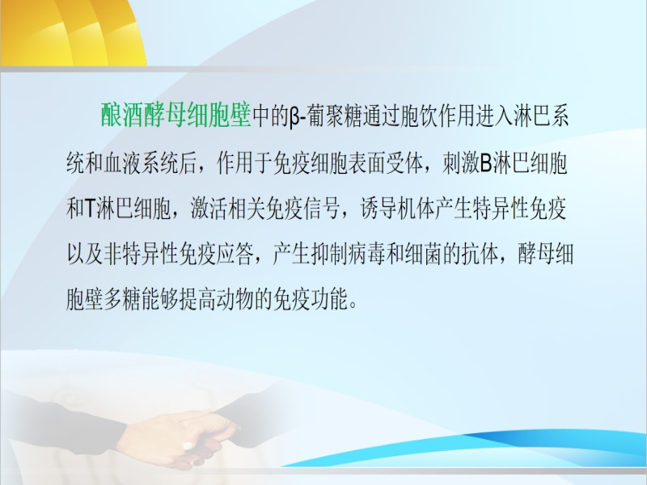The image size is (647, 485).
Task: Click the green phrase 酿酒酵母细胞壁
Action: click(x=175, y=115)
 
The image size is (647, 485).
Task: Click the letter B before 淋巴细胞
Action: click(x=487, y=163)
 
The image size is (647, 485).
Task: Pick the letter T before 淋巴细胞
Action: click(x=91, y=209)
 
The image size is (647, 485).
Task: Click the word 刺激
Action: click(x=461, y=162)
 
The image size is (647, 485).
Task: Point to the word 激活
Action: click(x=209, y=209)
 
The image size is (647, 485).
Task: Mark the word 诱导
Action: click(x=378, y=209)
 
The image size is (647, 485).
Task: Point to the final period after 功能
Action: click(x=353, y=306)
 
